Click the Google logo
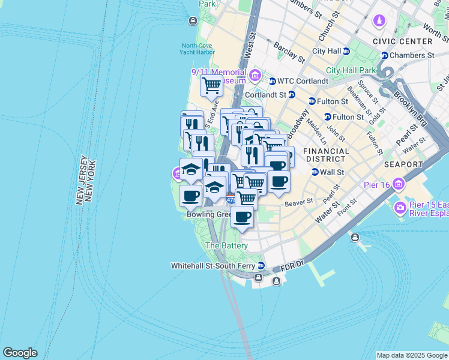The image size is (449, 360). (20, 353)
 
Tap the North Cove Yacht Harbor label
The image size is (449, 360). (197, 49)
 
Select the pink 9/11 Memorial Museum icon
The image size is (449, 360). (255, 75)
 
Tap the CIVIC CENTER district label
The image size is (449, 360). (402, 41)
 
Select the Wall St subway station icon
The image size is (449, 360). (315, 172)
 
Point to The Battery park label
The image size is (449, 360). (226, 246)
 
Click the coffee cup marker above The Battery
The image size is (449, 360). (242, 217)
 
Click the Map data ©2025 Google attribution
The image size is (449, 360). (411, 355)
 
